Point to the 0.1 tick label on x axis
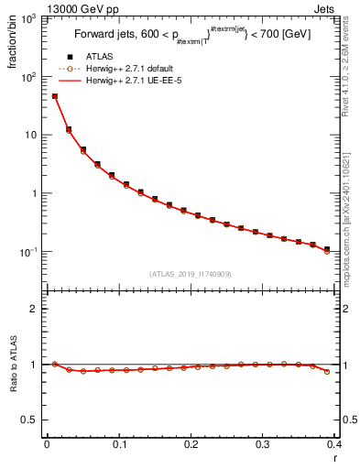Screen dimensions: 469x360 (118, 446)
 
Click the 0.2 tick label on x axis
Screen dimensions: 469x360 (191, 446)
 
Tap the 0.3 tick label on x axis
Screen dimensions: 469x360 (263, 446)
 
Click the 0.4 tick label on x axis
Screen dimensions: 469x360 (334, 446)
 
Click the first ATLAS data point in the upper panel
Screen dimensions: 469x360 (54, 96)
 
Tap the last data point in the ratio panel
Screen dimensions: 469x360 (327, 371)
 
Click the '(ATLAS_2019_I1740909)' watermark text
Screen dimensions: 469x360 (191, 274)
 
